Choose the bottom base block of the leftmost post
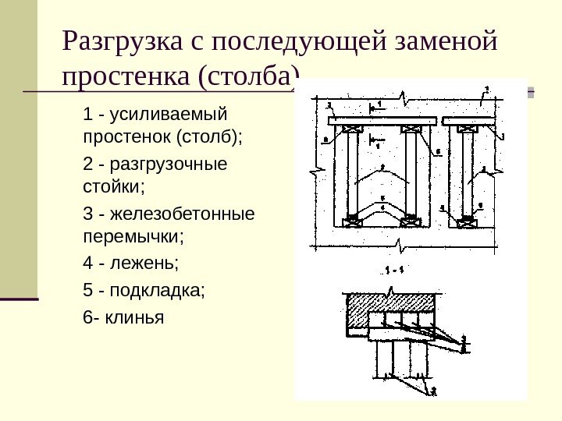[x=351, y=224]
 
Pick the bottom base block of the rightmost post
[x=468, y=224]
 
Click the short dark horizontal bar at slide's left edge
[x=20, y=299]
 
